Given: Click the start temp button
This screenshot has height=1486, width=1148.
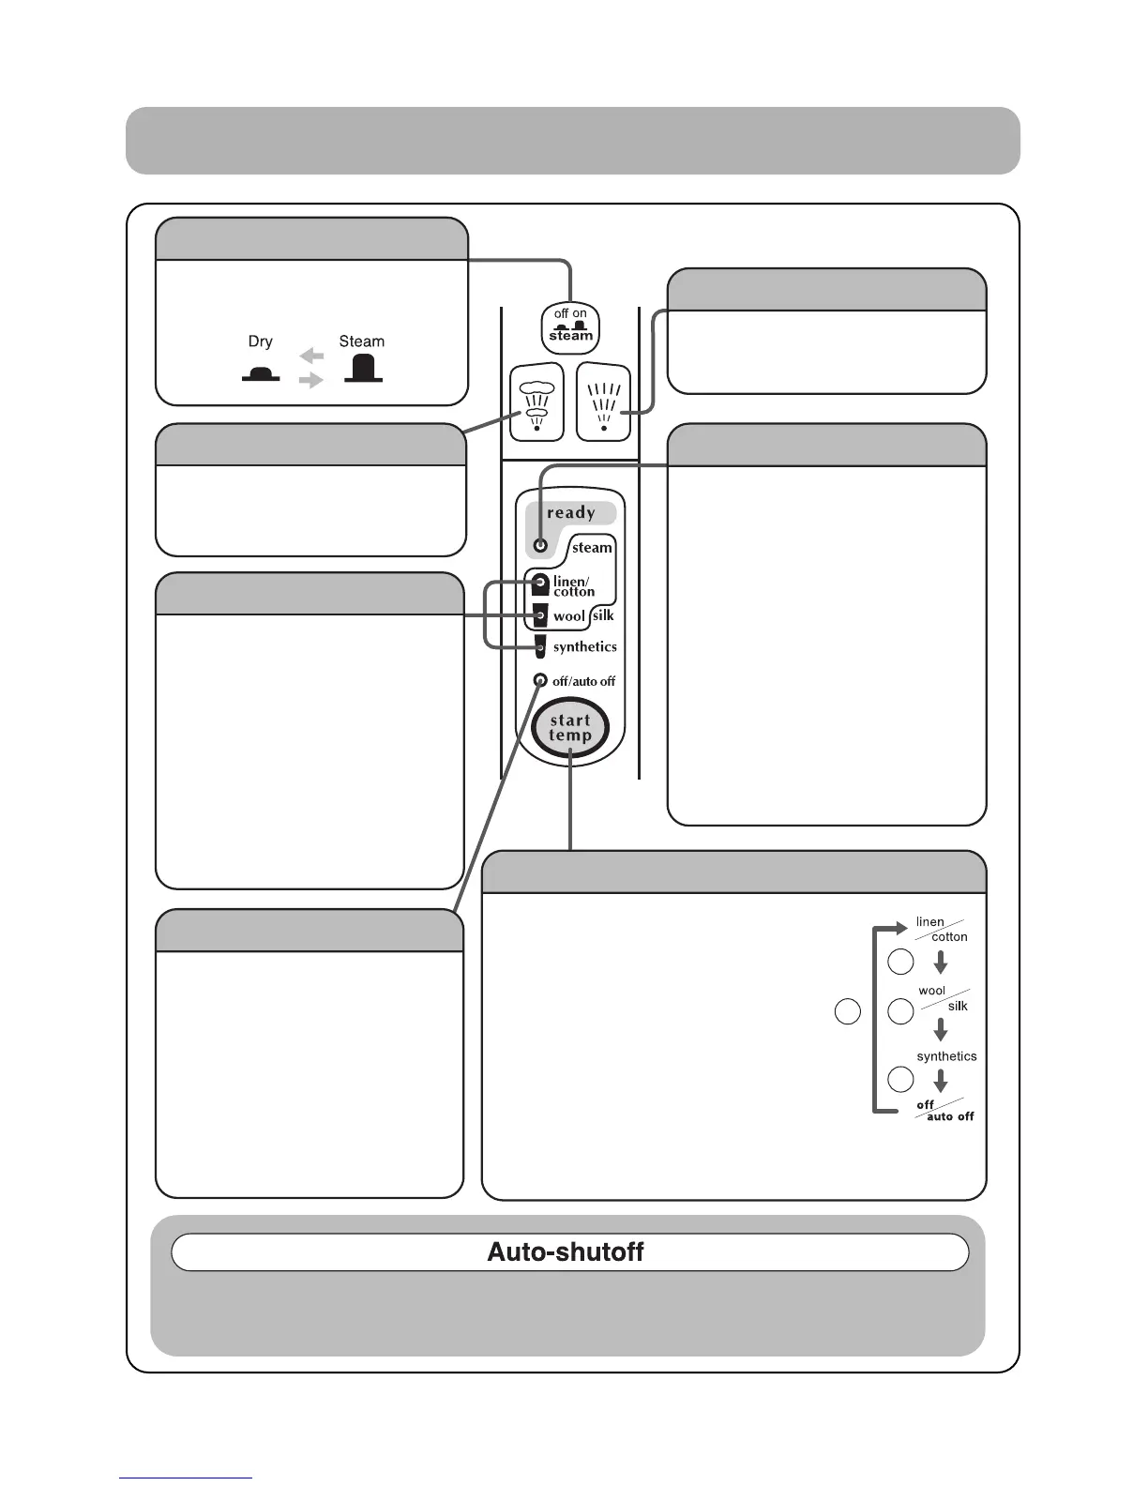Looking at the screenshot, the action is [x=570, y=728].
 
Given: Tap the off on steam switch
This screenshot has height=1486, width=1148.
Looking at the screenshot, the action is [x=570, y=327].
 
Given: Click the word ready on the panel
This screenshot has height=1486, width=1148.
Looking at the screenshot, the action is [x=571, y=513].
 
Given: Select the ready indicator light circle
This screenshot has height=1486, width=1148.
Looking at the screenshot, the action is [x=540, y=545].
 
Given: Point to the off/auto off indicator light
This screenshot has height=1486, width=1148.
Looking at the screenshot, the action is [x=540, y=680].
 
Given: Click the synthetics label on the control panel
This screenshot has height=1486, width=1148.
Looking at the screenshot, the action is [x=584, y=647].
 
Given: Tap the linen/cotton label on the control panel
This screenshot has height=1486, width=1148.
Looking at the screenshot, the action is [x=573, y=586].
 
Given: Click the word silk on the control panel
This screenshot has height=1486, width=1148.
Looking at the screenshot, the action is [x=603, y=615].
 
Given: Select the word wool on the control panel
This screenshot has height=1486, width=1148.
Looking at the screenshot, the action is [x=568, y=616].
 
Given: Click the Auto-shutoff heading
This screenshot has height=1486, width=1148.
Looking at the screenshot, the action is [x=566, y=1252].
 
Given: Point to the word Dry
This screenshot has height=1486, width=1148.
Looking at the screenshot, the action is [x=261, y=341].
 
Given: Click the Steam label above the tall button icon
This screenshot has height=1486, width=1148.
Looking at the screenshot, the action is [x=361, y=341].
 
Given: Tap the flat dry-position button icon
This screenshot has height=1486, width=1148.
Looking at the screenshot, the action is [x=261, y=374].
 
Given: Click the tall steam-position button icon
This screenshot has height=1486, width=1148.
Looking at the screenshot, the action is [x=363, y=369].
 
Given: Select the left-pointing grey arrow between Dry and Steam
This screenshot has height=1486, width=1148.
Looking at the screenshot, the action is [x=311, y=356].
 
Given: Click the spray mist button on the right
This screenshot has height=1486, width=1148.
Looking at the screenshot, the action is [x=603, y=402].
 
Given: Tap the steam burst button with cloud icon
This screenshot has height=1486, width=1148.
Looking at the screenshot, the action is [x=536, y=402].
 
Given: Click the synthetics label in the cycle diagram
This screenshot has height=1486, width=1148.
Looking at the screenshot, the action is [x=946, y=1056].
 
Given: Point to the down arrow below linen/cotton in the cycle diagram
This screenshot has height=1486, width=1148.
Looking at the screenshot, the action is [x=941, y=963].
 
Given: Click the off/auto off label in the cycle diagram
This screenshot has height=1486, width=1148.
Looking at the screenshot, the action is [x=944, y=1111].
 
